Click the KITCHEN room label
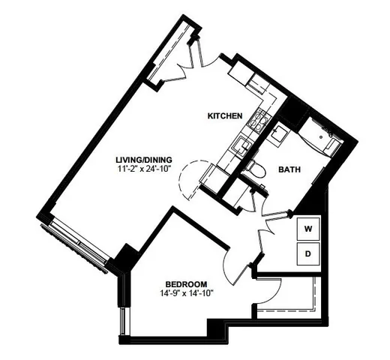click(224, 115)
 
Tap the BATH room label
click(290, 170)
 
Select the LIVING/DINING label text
click(144, 159)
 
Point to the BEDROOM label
click(185, 283)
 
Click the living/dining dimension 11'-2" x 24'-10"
click(144, 169)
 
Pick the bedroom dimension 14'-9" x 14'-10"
click(185, 295)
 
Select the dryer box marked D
click(307, 253)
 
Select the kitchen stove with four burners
click(259, 120)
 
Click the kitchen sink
click(241, 145)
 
